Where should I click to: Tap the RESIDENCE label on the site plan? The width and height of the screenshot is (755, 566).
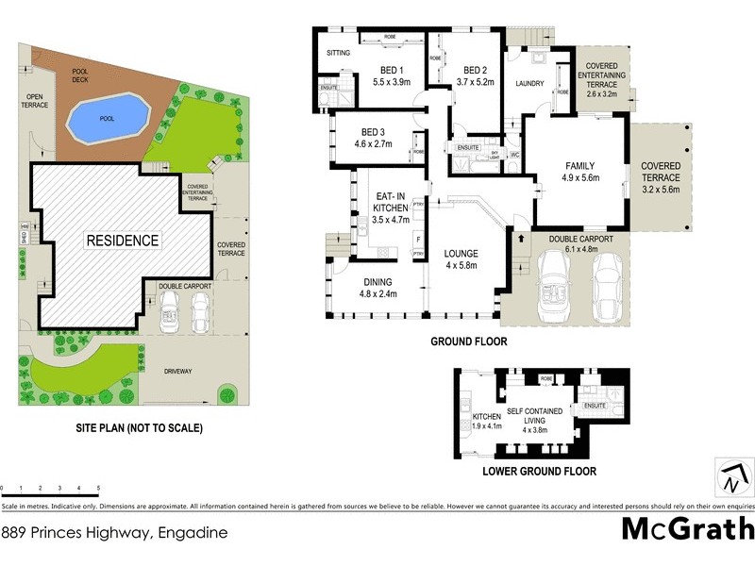point(124,240)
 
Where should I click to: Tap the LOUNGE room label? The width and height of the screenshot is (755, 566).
point(460,254)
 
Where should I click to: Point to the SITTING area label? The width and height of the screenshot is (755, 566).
point(337,54)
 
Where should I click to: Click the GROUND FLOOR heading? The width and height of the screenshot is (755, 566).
point(469,341)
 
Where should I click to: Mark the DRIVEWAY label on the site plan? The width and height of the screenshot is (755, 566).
point(177,371)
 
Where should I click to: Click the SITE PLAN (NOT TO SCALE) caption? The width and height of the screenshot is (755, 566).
point(139,427)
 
